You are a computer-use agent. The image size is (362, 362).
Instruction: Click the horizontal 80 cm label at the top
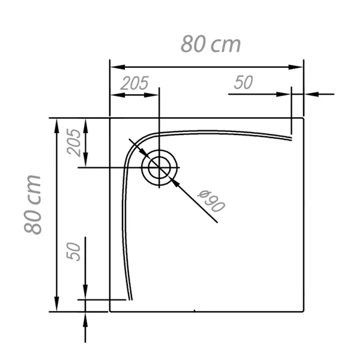211,44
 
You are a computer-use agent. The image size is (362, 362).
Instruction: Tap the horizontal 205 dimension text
134,83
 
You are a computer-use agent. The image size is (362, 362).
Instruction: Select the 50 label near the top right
243,83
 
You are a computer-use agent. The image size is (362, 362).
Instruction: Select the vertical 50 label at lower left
74,252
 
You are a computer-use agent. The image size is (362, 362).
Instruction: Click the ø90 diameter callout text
211,202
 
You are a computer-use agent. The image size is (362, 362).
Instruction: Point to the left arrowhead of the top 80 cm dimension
115,67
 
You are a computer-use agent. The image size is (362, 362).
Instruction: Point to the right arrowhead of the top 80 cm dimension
298,67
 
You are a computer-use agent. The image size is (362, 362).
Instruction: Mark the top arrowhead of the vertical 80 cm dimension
57,123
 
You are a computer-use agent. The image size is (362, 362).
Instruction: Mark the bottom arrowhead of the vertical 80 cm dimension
57,307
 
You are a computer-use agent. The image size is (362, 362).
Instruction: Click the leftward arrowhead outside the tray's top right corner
309,94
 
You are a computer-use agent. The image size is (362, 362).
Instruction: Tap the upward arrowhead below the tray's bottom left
85,318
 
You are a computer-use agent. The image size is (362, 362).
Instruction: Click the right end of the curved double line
291,138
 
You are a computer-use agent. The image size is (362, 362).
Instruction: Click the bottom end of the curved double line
129,298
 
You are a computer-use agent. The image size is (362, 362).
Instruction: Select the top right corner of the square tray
304,118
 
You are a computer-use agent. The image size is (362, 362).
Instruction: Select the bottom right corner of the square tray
304,312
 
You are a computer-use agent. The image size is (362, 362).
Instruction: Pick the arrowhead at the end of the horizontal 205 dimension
154,94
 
